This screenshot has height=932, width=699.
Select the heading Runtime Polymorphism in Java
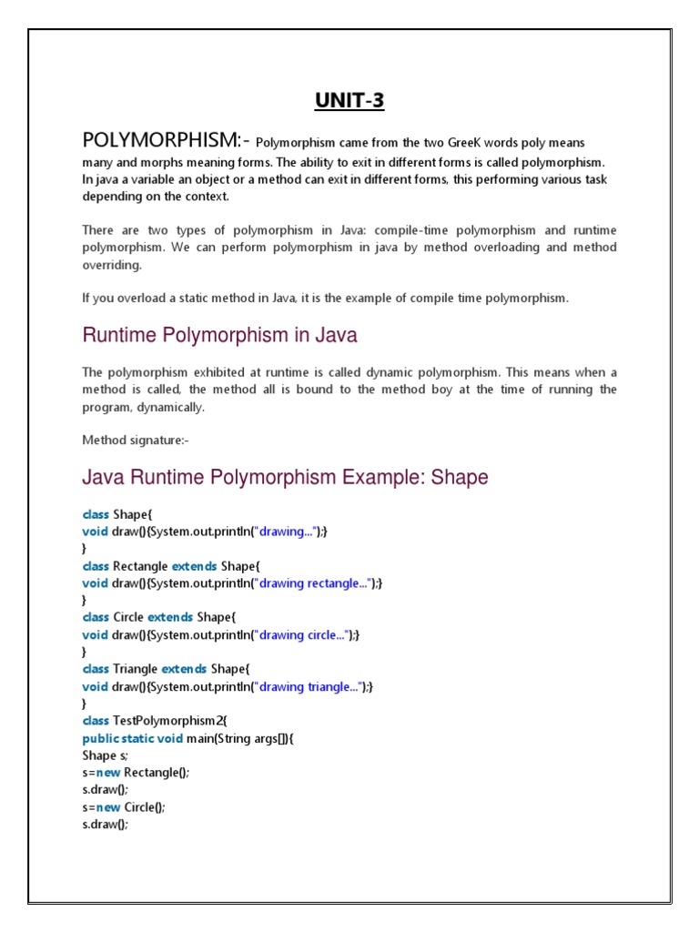[219, 336]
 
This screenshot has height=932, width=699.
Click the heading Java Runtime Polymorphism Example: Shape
[285, 477]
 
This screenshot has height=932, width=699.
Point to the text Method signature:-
[136, 441]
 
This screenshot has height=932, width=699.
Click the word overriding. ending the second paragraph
[112, 265]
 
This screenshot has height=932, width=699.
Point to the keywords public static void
[132, 738]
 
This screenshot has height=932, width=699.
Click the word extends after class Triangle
[184, 669]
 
